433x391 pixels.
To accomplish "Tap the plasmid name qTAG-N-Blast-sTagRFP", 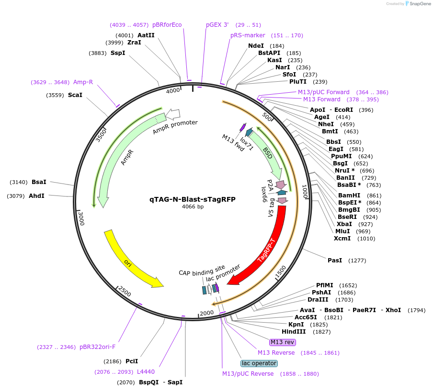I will coord(193,199).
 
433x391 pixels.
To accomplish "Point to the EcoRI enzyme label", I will coord(344,110).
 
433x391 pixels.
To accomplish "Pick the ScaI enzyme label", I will coord(75,95).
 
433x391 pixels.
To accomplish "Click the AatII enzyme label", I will coord(146,35).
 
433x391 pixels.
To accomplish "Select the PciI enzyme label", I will coord(132,361).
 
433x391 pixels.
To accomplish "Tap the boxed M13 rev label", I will coord(283,342).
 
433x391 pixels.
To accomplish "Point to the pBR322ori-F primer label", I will coord(98,347).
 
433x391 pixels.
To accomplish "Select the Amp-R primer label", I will coord(83,82).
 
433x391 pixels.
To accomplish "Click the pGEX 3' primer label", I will coord(217,25).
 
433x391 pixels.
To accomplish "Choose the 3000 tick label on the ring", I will coord(81,218).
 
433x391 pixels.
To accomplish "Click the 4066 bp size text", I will coord(193,207).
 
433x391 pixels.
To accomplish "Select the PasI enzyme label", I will coord(335,261).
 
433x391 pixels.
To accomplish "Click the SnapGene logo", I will coord(417,4).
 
